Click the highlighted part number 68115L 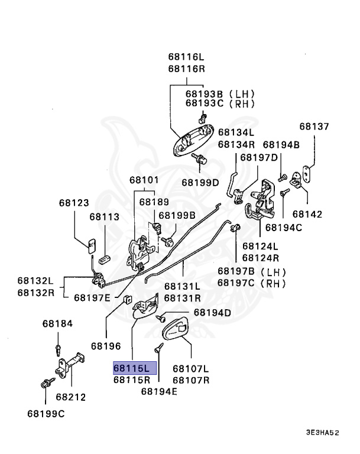point(135,368)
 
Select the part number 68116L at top point(186,57)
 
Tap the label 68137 point(314,126)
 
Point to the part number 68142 point(307,214)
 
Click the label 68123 point(74,203)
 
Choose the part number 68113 point(105,217)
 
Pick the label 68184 point(57,323)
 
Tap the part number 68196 point(106,345)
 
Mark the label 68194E point(159,391)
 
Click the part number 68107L point(190,368)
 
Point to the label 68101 point(145,180)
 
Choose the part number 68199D point(200,182)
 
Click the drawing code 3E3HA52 point(322,433)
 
